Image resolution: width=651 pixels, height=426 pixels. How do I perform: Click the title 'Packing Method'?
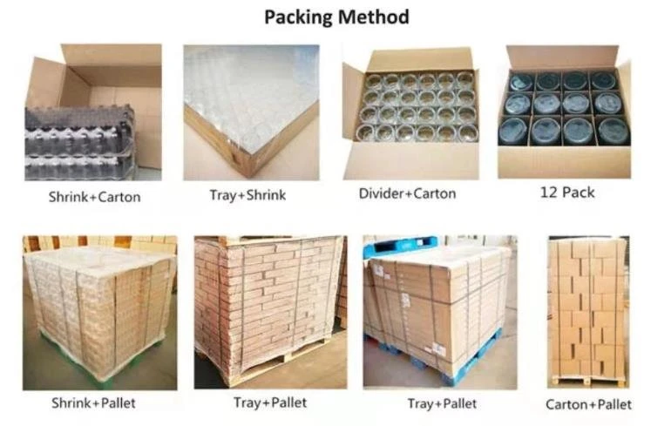tap(336, 17)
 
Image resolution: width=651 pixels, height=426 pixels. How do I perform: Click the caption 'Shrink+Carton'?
tap(94, 197)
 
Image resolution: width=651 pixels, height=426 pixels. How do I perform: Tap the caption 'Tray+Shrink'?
tap(248, 195)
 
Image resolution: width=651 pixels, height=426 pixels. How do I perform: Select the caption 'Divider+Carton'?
tap(407, 193)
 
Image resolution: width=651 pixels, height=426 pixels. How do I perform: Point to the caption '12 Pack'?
tap(567, 193)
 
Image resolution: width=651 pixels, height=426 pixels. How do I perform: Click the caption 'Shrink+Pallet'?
tap(93, 402)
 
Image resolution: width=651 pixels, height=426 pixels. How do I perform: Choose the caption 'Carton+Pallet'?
tap(588, 404)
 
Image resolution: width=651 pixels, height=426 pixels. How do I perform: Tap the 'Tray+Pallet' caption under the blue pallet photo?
tap(442, 403)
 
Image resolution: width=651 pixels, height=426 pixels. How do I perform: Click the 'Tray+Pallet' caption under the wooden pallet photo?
tap(270, 402)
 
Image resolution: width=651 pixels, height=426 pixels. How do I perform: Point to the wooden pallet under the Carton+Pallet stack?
tap(588, 381)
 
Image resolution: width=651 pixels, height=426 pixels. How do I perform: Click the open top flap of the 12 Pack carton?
tap(562, 57)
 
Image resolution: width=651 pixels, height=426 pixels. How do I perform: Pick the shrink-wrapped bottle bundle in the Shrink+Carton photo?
tap(79, 143)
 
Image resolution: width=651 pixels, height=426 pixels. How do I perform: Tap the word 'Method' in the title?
tap(373, 17)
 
